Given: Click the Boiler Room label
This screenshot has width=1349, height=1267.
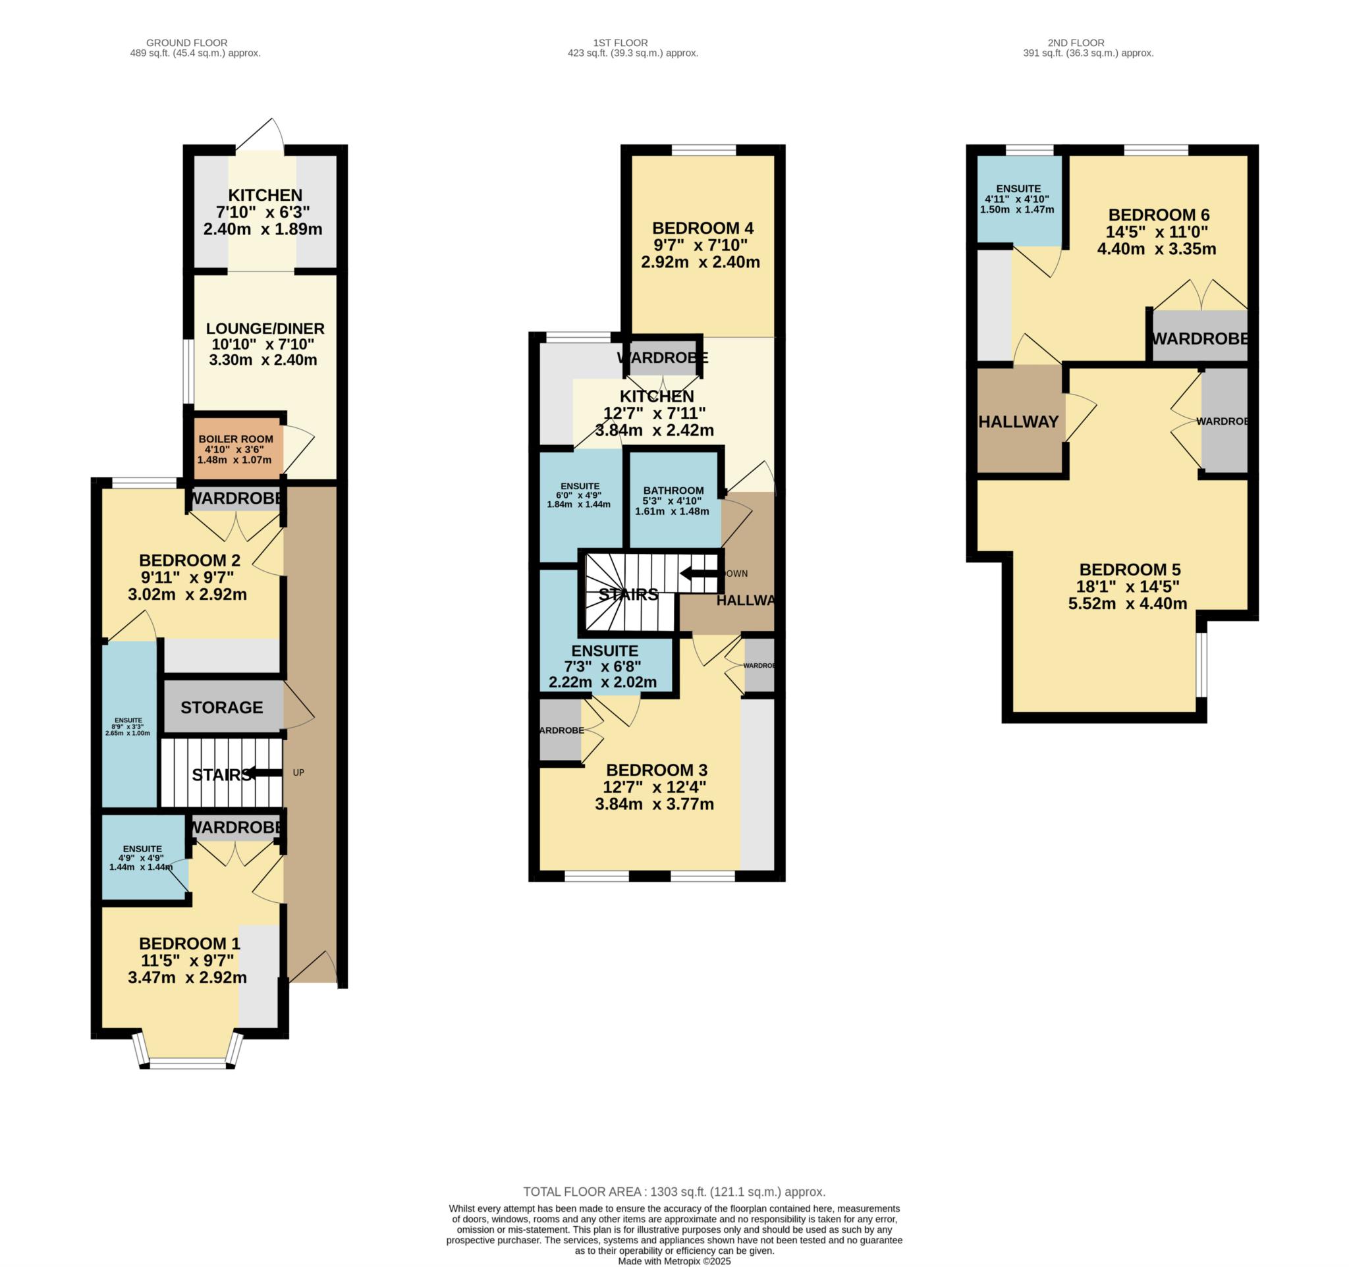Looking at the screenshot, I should (235, 439).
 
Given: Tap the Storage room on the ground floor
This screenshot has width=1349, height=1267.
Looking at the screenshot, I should (222, 707).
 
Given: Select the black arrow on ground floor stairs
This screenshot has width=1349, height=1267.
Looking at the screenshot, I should (265, 772).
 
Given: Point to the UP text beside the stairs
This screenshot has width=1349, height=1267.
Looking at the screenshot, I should (298, 772).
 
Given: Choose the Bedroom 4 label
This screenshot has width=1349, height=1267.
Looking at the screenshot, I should (702, 228).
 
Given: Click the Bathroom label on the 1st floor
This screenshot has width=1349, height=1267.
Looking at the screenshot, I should (673, 491).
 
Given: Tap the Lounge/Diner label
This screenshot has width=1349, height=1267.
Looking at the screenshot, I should (265, 329).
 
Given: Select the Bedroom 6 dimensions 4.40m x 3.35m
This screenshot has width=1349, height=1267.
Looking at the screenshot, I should (1156, 249).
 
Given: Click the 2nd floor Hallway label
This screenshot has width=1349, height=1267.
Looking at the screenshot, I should (1018, 422).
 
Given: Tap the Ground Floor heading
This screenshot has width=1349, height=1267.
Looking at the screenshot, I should (186, 43).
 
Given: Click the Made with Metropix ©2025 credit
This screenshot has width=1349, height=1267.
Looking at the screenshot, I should (674, 1262).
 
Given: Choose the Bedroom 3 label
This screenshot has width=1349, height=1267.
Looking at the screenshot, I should (656, 770).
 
